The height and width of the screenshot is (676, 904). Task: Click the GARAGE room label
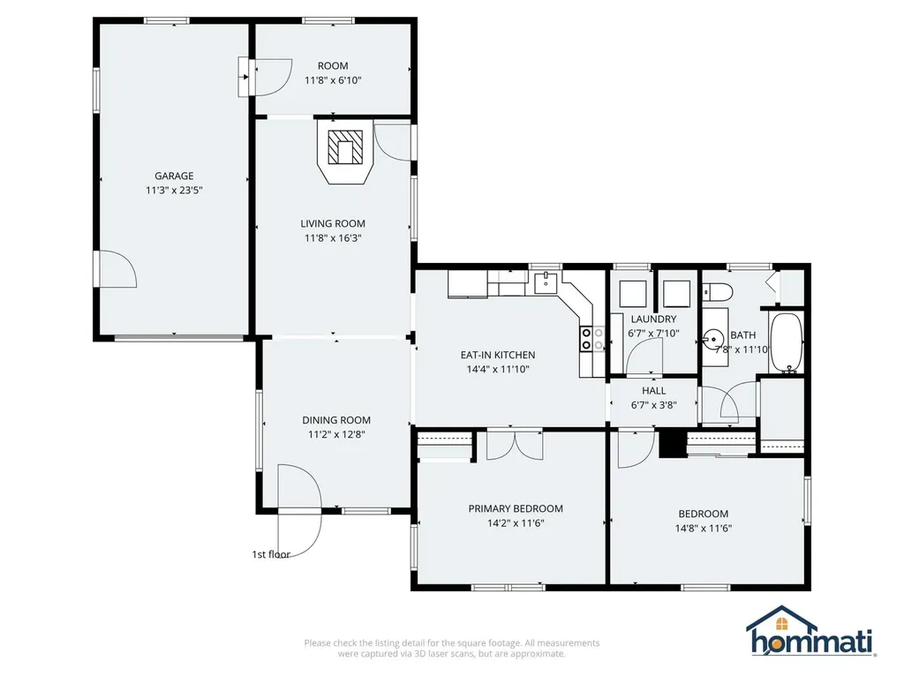(x=174, y=176)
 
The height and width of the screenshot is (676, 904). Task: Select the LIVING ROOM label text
(x=333, y=223)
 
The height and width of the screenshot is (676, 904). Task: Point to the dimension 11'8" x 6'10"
(x=333, y=80)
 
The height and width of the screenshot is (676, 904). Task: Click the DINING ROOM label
(x=336, y=420)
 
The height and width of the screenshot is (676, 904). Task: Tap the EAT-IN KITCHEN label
(x=498, y=355)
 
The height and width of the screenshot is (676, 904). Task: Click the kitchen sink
(x=547, y=282)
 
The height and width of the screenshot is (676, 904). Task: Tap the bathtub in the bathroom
(x=786, y=343)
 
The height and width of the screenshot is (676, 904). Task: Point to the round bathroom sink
(x=714, y=337)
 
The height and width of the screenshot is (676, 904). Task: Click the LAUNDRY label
(x=653, y=319)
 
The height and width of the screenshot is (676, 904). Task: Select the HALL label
(x=653, y=390)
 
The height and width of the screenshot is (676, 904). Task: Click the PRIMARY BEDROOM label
(x=515, y=508)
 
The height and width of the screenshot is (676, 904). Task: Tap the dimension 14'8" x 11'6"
(x=703, y=529)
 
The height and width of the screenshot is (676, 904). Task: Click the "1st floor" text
(x=271, y=554)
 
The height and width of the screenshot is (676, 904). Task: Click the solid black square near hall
(x=673, y=444)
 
